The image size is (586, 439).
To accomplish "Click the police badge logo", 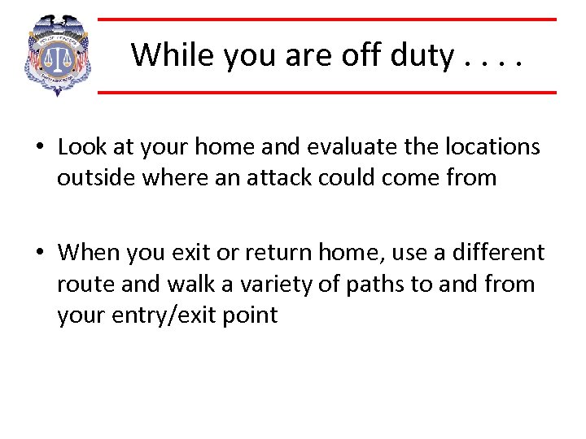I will [x=58, y=55].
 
